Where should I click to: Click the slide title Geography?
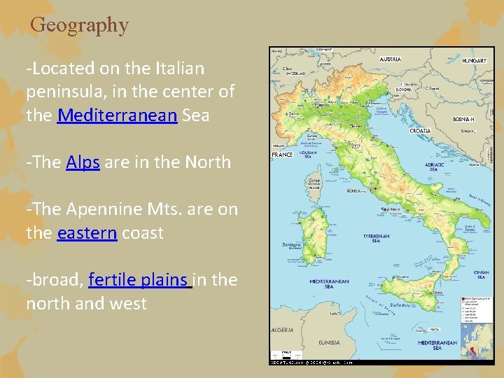click(80, 25)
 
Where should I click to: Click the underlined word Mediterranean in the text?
click(117, 115)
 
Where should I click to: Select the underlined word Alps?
click(84, 162)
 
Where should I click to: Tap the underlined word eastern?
click(87, 232)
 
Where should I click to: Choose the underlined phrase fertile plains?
click(140, 280)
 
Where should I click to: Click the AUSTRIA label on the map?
click(391, 59)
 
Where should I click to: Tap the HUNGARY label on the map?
click(473, 61)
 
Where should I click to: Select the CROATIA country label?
click(420, 130)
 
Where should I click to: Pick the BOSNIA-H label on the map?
click(463, 119)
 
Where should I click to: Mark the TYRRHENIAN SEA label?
click(377, 238)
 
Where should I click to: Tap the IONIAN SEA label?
click(481, 274)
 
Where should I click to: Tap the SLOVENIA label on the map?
click(403, 90)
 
